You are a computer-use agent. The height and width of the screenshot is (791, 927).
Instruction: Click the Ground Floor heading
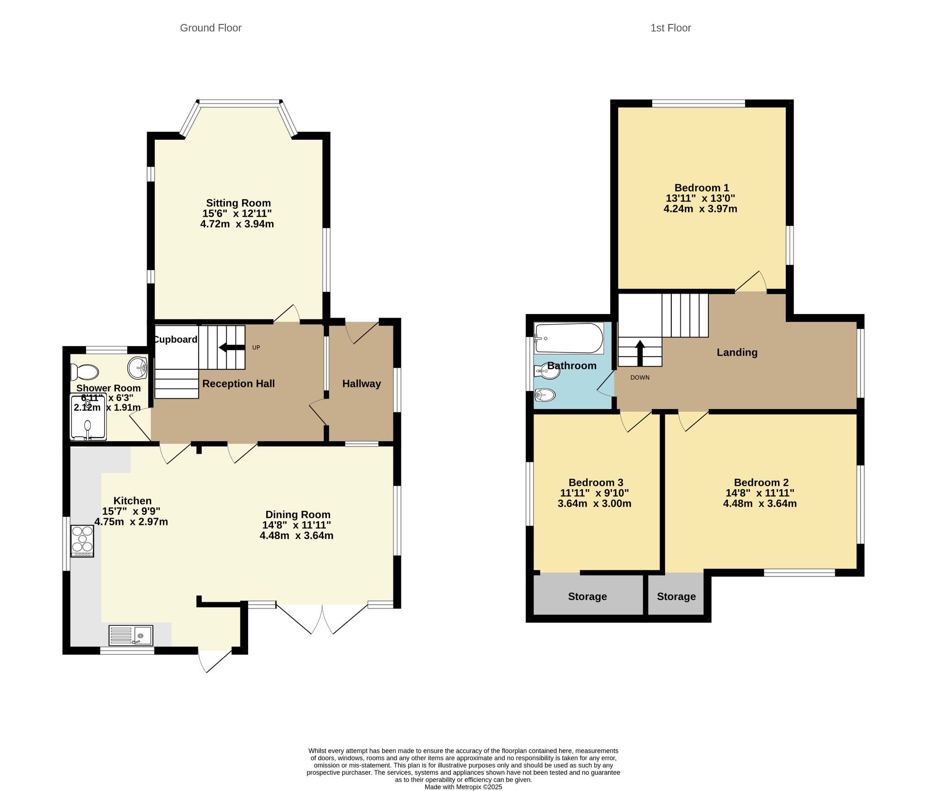point(210,28)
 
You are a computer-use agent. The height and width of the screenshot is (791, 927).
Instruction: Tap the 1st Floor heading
point(670,28)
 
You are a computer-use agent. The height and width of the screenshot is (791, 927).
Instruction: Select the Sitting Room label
point(238,203)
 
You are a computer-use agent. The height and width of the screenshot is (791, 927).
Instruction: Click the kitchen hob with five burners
point(82,541)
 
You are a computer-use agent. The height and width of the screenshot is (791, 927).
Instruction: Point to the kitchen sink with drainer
point(131,635)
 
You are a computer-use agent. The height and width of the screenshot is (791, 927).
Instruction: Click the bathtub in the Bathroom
point(569,338)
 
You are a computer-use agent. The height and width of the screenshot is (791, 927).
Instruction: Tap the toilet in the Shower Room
point(85,372)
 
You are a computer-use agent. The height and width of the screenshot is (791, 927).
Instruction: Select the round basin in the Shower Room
point(137,367)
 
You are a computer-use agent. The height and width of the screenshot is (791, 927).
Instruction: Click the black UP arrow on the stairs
point(232,348)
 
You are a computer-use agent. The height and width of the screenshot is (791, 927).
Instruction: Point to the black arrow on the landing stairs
point(640,353)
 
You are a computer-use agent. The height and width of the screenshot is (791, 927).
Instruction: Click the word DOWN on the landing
point(640,377)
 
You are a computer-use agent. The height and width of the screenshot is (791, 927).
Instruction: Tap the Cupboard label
point(175,339)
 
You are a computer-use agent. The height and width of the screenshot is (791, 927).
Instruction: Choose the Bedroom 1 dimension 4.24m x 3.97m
point(700,209)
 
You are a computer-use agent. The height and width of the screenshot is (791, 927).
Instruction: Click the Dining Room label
point(298,515)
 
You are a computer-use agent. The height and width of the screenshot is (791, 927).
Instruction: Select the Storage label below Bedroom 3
point(588,596)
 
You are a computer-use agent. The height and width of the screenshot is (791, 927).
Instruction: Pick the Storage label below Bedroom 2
point(676,596)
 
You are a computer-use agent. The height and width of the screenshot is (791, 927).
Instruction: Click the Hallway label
point(362,384)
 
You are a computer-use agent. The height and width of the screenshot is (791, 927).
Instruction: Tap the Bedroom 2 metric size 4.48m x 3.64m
point(760,504)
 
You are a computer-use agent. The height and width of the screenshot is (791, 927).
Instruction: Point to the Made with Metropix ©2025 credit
point(463,787)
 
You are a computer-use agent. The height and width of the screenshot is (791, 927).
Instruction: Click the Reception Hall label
point(239,384)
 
